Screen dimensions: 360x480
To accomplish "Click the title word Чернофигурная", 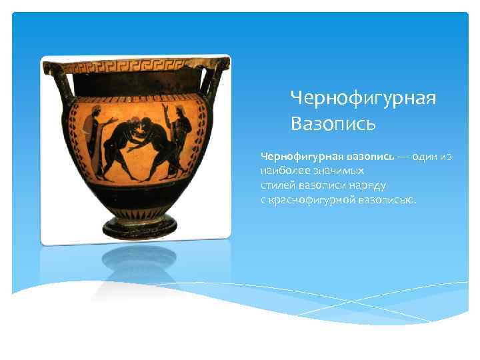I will coord(363,99).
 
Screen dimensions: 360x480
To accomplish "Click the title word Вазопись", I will coord(333,123).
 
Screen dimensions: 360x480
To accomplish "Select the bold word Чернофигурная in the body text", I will coord(301,157).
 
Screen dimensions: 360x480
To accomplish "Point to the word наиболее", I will coord(280,171).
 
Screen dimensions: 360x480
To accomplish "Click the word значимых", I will coord(323,171).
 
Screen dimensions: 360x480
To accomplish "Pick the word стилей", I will coord(276,185).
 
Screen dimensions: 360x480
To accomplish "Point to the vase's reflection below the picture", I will coord(139,263).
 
